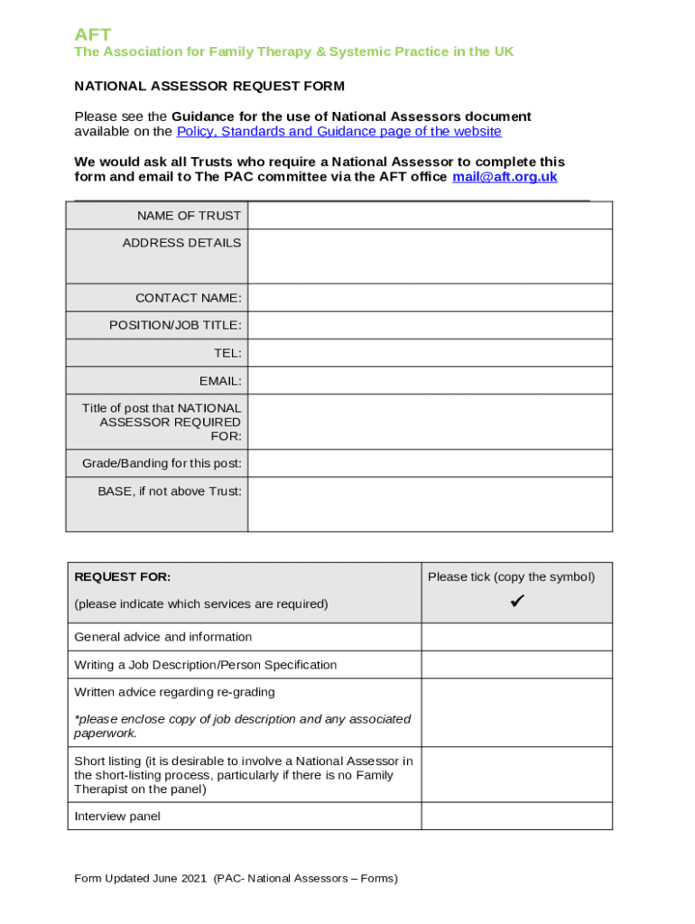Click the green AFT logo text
pos(92,34)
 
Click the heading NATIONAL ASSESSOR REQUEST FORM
pos(208,87)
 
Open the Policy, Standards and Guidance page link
pos(338,132)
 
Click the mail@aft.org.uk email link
pos(505,177)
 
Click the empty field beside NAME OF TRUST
pos(430,216)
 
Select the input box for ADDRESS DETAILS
pos(430,256)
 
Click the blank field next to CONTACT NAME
pos(430,298)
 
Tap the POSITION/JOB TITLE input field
pos(430,326)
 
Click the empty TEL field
pos(430,354)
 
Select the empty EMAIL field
pos(430,381)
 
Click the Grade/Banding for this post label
pos(162,464)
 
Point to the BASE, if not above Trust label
pos(170,492)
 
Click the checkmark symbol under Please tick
pos(516,601)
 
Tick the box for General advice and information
pos(516,637)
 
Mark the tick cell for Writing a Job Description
pos(516,665)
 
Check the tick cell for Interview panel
pos(516,817)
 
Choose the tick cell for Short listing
pos(516,775)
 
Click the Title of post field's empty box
pos(430,422)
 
